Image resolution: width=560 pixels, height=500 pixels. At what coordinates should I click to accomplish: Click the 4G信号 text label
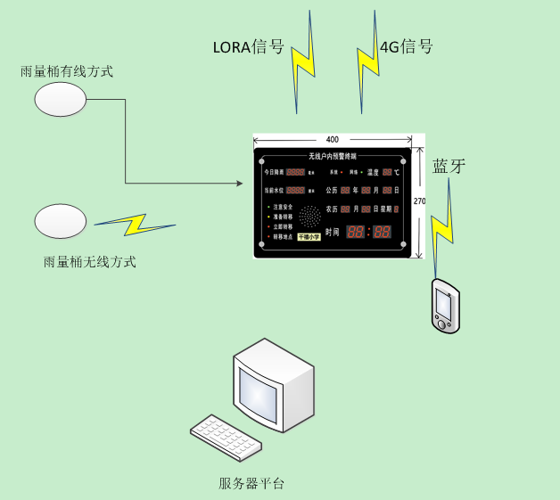408,46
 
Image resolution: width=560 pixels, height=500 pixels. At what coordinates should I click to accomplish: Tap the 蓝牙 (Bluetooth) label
449,166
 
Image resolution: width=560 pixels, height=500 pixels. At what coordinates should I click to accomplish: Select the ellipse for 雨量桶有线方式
60,98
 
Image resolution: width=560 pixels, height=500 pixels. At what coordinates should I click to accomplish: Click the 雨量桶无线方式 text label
90,262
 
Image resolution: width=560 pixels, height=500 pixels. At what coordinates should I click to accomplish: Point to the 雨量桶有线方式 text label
67,71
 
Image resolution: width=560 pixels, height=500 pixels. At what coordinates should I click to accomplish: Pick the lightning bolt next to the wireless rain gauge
134,224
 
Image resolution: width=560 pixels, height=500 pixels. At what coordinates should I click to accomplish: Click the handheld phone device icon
445,306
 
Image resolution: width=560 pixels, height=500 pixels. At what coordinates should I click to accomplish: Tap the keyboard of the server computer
226,437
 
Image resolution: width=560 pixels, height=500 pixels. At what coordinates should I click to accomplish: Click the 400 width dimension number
333,140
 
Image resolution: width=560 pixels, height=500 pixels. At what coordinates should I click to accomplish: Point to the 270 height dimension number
420,201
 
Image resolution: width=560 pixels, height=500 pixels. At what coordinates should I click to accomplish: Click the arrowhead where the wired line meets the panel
239,184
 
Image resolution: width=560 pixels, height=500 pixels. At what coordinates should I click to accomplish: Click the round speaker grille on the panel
309,217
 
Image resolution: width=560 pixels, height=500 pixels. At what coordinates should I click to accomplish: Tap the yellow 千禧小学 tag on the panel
309,237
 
